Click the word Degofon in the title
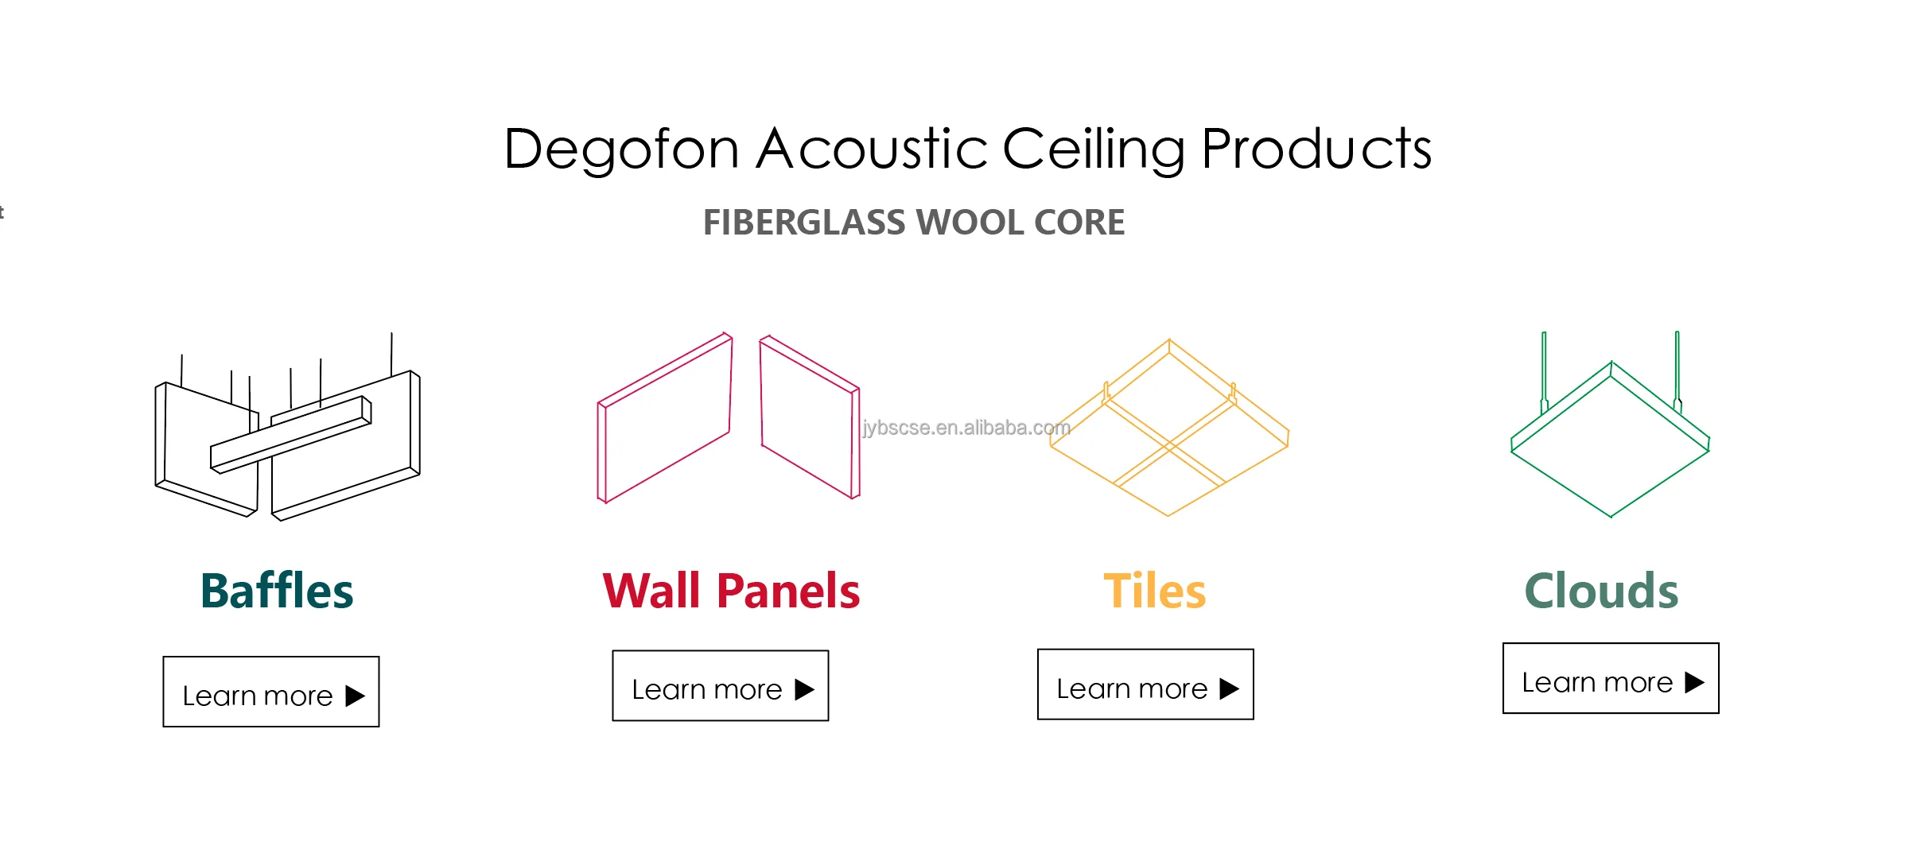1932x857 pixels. coord(621,149)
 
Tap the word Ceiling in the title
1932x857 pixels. coord(1094,149)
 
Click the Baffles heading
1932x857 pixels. coord(277,591)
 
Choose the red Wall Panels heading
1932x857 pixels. coord(731,591)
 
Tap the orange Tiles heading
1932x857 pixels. coord(1154,591)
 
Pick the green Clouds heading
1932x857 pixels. coord(1601,591)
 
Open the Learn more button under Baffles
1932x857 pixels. coord(271,692)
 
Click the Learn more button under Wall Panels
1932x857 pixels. coord(720,686)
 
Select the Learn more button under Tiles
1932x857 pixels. coord(1145,684)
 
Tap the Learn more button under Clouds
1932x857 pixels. coord(1611,678)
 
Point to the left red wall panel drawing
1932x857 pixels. coord(665,417)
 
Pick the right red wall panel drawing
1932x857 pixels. coord(810,417)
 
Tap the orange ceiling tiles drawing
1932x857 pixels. coord(1168,429)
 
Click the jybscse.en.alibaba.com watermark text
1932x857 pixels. coord(966,428)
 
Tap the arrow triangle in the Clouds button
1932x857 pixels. coord(1694,682)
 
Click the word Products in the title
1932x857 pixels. coord(1316,149)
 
